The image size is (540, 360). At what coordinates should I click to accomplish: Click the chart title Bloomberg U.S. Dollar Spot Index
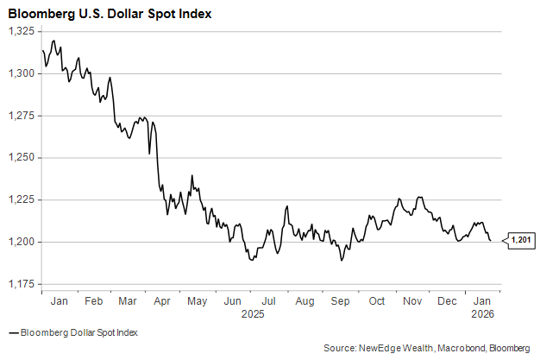110,15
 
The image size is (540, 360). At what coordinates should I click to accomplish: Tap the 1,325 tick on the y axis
20,31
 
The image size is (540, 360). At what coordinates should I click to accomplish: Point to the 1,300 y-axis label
20,73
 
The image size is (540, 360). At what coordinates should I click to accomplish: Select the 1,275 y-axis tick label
20,116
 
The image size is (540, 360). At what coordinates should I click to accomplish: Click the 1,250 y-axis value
20,158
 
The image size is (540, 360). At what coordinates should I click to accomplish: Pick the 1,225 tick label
20,199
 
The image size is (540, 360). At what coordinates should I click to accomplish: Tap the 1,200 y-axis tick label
20,242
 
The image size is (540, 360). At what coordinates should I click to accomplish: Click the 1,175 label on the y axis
20,284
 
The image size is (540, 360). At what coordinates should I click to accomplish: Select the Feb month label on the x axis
94,301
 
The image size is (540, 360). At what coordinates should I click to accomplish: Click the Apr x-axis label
161,301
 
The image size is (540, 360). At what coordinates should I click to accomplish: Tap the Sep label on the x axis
341,301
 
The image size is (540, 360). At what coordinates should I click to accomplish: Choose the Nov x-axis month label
412,301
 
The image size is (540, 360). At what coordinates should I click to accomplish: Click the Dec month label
448,301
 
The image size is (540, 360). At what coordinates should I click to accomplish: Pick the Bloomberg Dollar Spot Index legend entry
78,332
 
